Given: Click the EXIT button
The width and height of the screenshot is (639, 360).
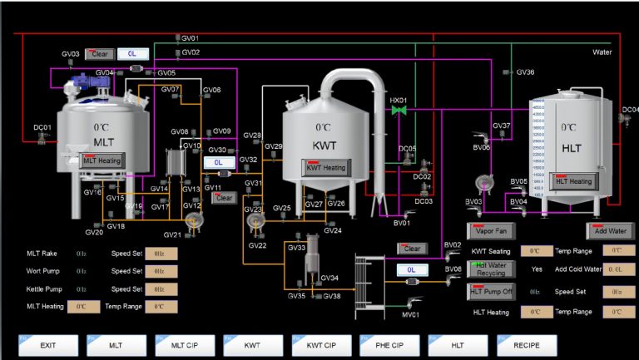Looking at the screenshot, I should point(48,345).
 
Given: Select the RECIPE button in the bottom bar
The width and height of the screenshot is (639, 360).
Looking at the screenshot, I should point(526,345).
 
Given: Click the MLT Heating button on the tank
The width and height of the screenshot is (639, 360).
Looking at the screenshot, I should point(102,160).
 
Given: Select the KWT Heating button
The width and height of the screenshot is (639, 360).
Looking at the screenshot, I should point(325,168).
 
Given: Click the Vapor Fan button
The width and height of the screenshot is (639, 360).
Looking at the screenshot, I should point(492,230).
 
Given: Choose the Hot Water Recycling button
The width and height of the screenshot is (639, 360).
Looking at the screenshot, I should point(492,269).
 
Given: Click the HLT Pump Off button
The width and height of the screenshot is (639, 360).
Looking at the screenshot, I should point(492,290).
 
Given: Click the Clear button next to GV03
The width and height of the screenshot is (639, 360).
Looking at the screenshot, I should point(99,54).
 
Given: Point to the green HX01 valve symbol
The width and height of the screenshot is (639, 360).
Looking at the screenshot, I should point(399,110).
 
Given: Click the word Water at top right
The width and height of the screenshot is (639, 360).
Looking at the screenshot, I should point(602,52).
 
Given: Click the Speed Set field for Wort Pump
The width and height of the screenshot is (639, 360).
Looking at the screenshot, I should point(161,271).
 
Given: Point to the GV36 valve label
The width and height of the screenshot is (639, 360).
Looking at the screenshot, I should point(525,72).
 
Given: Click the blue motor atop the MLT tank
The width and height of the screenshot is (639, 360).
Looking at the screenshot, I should point(82,81).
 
